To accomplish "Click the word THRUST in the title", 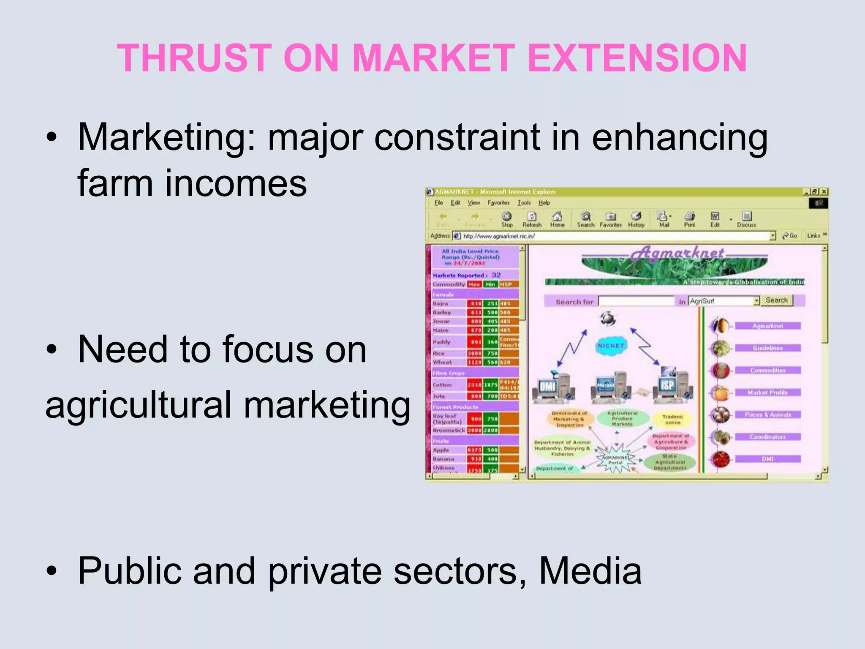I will (194, 58).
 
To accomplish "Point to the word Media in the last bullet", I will (590, 571).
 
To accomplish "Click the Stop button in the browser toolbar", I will (507, 219).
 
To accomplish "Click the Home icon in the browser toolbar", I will (557, 219).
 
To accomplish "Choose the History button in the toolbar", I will (636, 219).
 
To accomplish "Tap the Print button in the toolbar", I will (689, 219).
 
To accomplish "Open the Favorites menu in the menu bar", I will (498, 203).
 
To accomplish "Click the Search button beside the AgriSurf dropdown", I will (776, 300).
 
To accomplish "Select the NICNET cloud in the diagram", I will (611, 346).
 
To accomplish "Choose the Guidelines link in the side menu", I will (767, 348).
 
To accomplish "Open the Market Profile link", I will (767, 393).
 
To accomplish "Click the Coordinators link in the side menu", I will (767, 437).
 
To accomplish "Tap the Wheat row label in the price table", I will (442, 362).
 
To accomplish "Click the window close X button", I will (824, 192).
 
